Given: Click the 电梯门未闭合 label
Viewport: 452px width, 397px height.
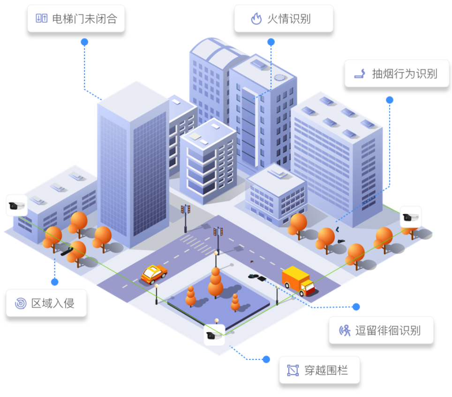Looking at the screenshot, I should [76, 19].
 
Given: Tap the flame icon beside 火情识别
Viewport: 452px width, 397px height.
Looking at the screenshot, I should [256, 19].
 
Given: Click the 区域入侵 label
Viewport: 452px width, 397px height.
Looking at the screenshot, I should [46, 303].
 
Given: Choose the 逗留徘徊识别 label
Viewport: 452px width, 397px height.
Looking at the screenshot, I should [381, 330].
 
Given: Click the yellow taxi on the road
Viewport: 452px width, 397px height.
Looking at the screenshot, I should [154, 274].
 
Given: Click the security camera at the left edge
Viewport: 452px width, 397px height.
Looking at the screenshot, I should [16, 206].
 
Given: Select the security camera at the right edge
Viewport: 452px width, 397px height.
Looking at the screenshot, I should [411, 217].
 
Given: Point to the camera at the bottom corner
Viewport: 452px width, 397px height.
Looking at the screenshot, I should [215, 335].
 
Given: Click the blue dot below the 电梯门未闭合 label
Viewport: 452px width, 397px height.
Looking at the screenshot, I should [84, 42].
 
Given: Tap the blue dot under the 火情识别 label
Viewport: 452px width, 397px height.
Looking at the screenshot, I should [271, 42].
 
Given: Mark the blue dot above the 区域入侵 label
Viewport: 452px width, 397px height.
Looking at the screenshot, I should [55, 282].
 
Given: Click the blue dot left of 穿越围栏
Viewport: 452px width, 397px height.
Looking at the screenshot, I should [266, 359].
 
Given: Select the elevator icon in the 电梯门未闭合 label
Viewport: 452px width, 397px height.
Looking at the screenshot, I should [42, 19].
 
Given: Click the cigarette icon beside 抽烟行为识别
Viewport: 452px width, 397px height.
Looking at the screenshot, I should [360, 73].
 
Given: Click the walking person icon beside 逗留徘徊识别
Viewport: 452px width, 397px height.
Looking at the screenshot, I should [345, 330].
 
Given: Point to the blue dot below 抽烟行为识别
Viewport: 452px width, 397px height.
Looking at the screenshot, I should [389, 100].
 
